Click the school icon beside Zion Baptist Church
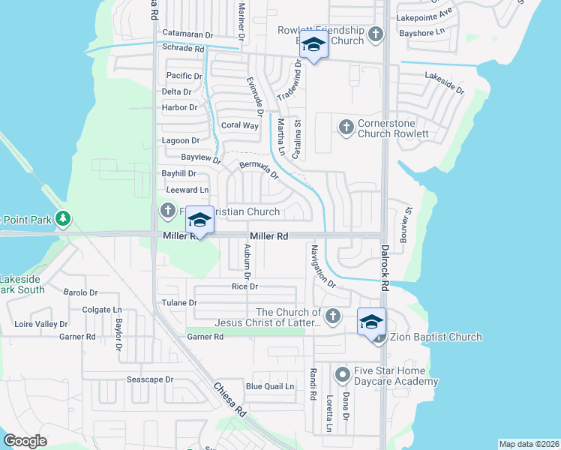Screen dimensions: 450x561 point(371,322)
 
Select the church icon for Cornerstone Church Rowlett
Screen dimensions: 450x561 point(346,127)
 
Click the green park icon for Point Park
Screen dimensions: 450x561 point(64,219)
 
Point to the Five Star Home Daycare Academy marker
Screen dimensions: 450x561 point(342,373)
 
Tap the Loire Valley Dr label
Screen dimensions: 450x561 point(41,325)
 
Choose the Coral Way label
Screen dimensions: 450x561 point(239,125)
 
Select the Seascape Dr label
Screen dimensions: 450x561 point(149,379)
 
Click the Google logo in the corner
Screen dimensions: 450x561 point(25,440)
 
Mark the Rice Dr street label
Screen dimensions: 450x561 point(244,286)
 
